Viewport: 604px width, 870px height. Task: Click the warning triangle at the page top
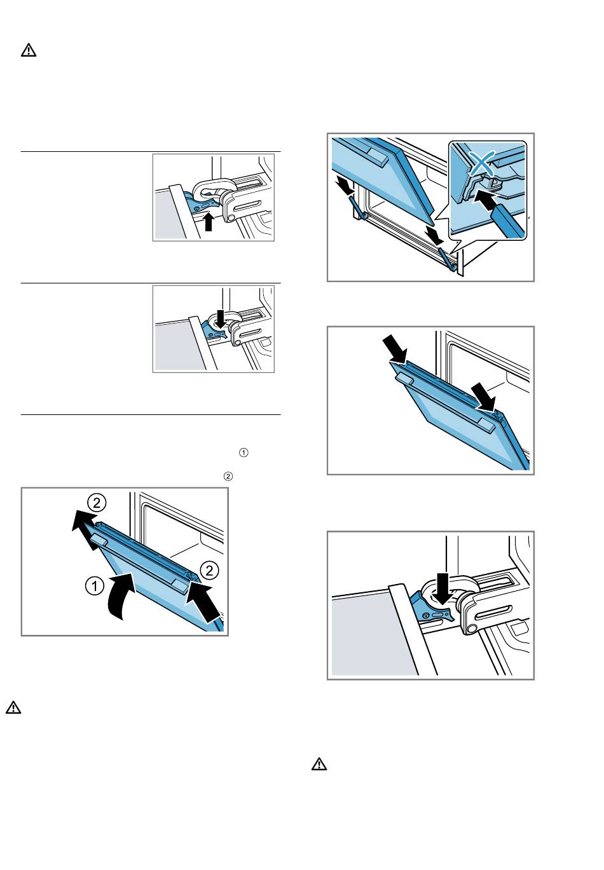pos(29,50)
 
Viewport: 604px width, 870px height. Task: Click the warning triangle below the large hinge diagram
pos(319,764)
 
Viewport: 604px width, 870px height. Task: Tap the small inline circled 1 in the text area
pos(244,452)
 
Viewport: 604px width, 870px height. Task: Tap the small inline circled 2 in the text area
pos(228,476)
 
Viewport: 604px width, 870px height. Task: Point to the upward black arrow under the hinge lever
pos(209,221)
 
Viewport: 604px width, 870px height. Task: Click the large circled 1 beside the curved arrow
pos(95,586)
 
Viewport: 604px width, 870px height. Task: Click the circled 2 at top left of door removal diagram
pos(97,503)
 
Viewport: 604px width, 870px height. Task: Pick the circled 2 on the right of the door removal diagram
pos(209,571)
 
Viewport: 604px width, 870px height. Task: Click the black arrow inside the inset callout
pos(486,201)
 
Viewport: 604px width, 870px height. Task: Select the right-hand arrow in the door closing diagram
pos(483,396)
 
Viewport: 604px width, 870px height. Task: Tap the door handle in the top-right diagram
pos(376,158)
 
